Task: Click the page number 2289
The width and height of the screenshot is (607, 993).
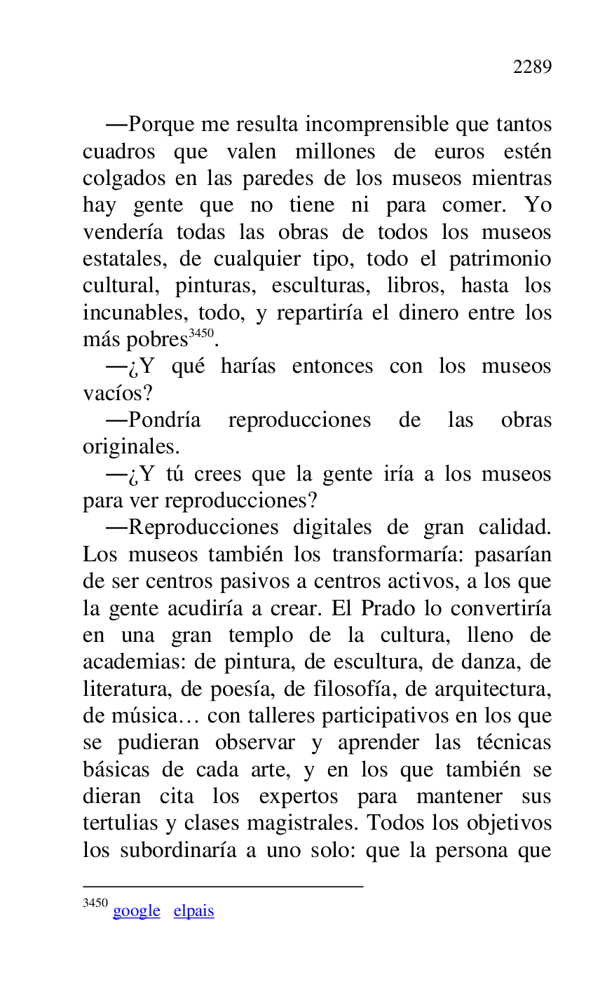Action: [532, 67]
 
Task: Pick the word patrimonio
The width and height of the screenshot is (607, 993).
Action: [500, 259]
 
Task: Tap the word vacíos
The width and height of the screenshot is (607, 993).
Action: [117, 393]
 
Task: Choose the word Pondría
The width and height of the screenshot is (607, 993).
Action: [164, 420]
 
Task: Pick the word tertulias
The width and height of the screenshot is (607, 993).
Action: [120, 824]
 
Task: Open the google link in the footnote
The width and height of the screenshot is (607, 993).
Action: [136, 911]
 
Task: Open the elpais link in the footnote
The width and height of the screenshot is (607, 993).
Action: [193, 911]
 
